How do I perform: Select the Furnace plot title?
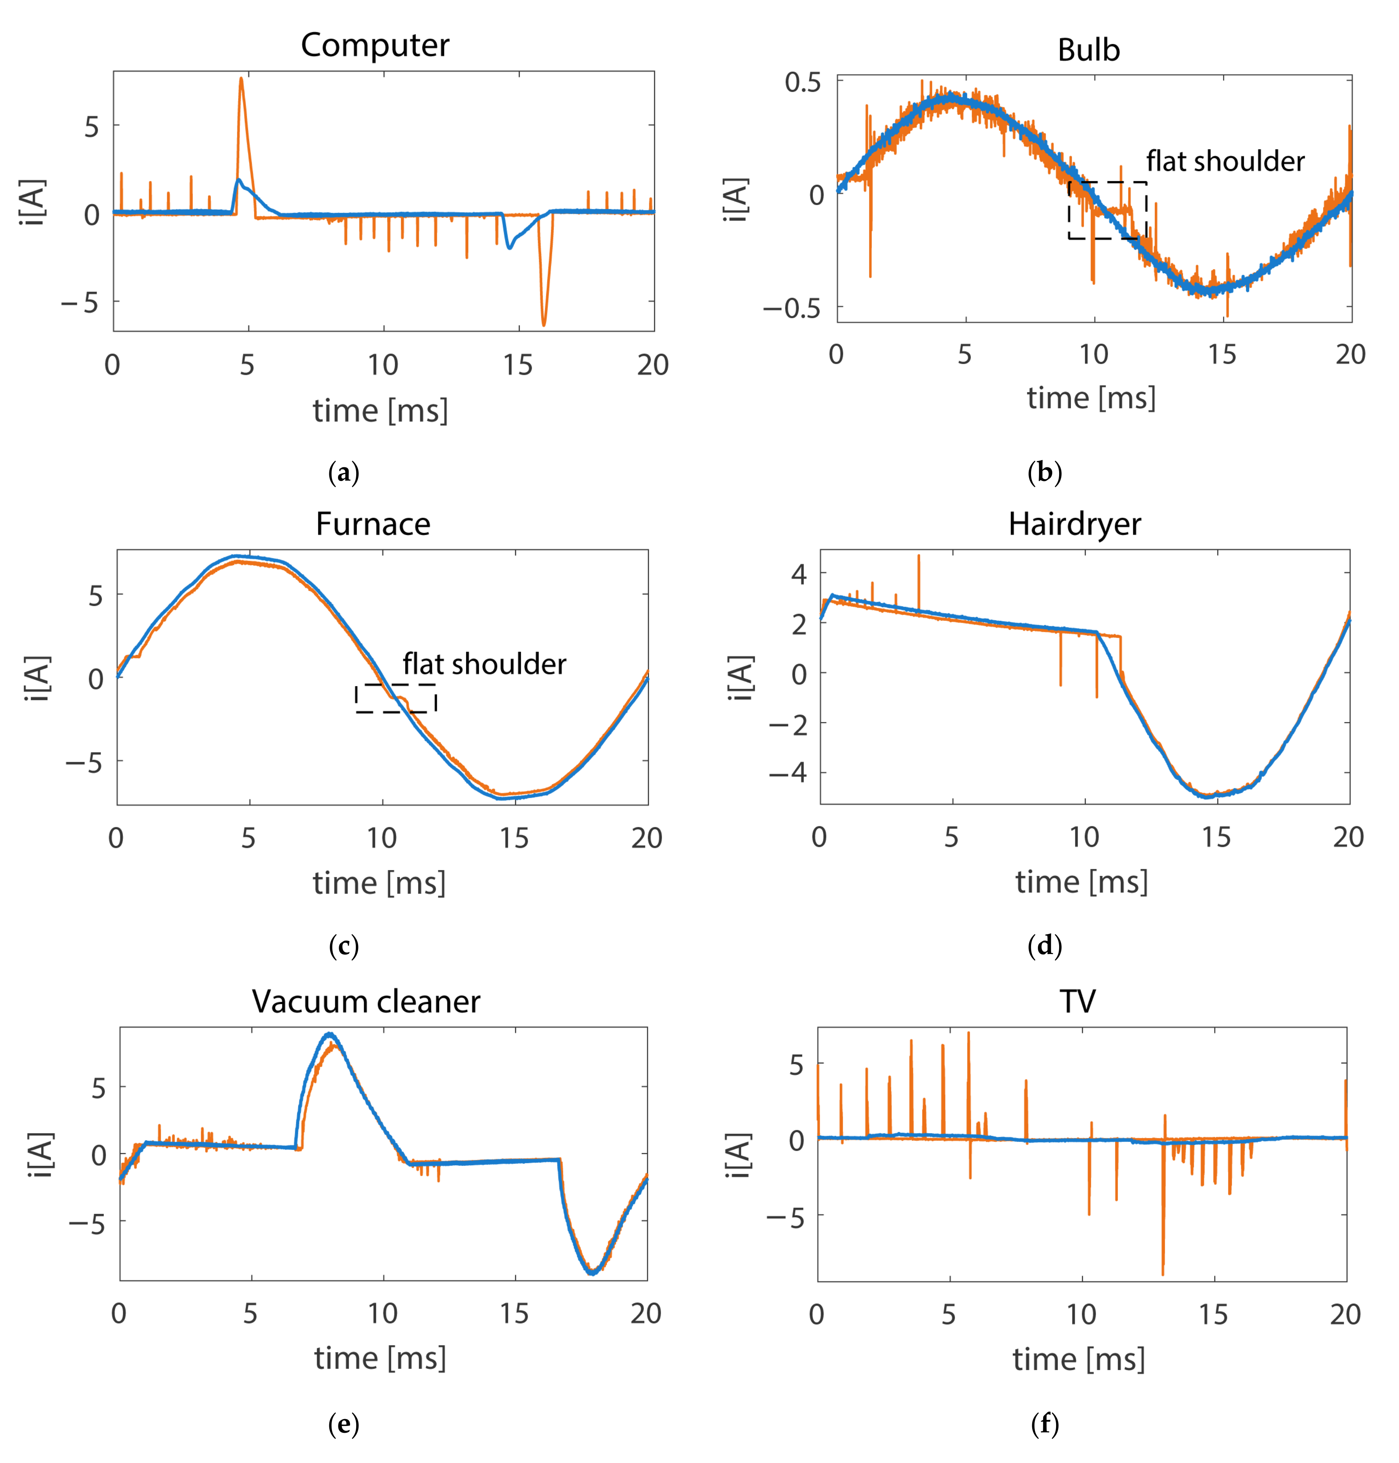(373, 524)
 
